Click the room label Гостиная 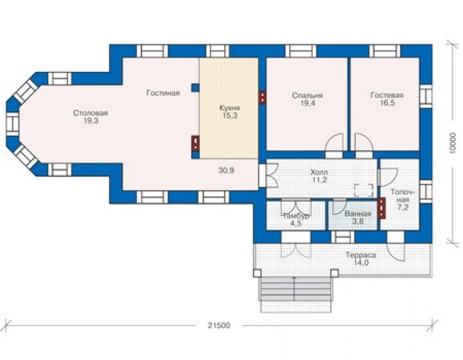click(163, 93)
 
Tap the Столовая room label click(90, 113)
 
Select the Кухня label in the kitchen click(230, 108)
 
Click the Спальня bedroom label click(307, 95)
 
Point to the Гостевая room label click(387, 95)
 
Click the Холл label click(319, 172)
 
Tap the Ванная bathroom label click(358, 213)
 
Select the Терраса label click(361, 255)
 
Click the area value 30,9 click(226, 170)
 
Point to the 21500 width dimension click(219, 326)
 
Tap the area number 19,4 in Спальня click(308, 103)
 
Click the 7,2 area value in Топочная click(403, 207)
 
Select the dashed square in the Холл click(364, 190)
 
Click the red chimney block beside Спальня click(262, 98)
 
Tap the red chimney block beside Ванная click(382, 208)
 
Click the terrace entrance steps click(295, 294)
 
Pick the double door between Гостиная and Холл click(268, 176)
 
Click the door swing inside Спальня click(334, 143)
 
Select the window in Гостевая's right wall click(425, 96)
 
